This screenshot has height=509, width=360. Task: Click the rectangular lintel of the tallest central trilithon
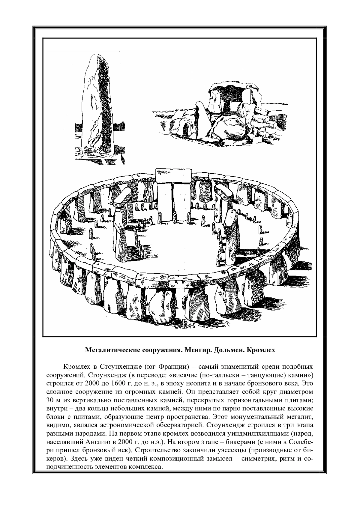pos(173,175)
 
